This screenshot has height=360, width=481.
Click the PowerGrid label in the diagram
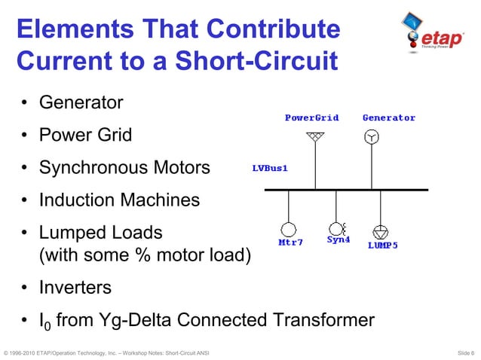311,118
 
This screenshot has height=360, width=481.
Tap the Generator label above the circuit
389,118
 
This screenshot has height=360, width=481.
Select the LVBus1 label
269,169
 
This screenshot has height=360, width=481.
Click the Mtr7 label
290,243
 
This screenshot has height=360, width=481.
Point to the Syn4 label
339,240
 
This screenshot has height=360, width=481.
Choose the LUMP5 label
383,245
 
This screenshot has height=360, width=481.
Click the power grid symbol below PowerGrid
316,137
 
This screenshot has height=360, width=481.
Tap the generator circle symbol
371,137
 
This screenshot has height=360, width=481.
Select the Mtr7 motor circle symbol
289,229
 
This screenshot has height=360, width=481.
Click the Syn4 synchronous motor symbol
336,227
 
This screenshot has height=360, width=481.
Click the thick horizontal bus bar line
347,190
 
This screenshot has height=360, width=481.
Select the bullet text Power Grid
85,136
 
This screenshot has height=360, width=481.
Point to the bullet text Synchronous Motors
124,167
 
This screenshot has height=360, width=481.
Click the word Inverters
75,288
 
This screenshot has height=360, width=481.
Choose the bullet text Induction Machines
119,200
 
